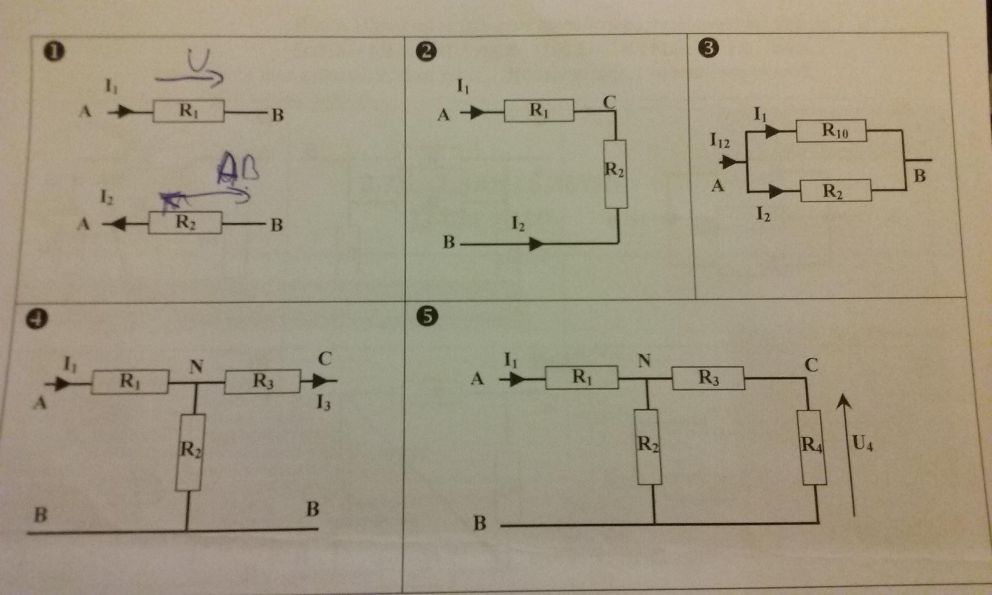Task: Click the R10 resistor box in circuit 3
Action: point(831,131)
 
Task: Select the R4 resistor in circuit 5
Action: point(811,446)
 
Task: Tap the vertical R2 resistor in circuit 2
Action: point(616,174)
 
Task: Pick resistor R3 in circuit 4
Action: point(262,381)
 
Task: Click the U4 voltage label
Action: point(863,443)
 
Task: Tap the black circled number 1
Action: point(54,52)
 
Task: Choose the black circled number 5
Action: point(428,316)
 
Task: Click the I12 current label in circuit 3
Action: point(720,140)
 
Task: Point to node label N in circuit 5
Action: point(644,360)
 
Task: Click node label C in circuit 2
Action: point(610,102)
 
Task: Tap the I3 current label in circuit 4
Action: point(323,403)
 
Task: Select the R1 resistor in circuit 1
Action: point(188,111)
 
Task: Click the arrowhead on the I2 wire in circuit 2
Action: point(536,244)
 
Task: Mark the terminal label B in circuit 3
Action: point(920,176)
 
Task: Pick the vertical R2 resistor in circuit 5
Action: point(648,446)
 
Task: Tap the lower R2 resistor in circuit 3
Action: point(836,190)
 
